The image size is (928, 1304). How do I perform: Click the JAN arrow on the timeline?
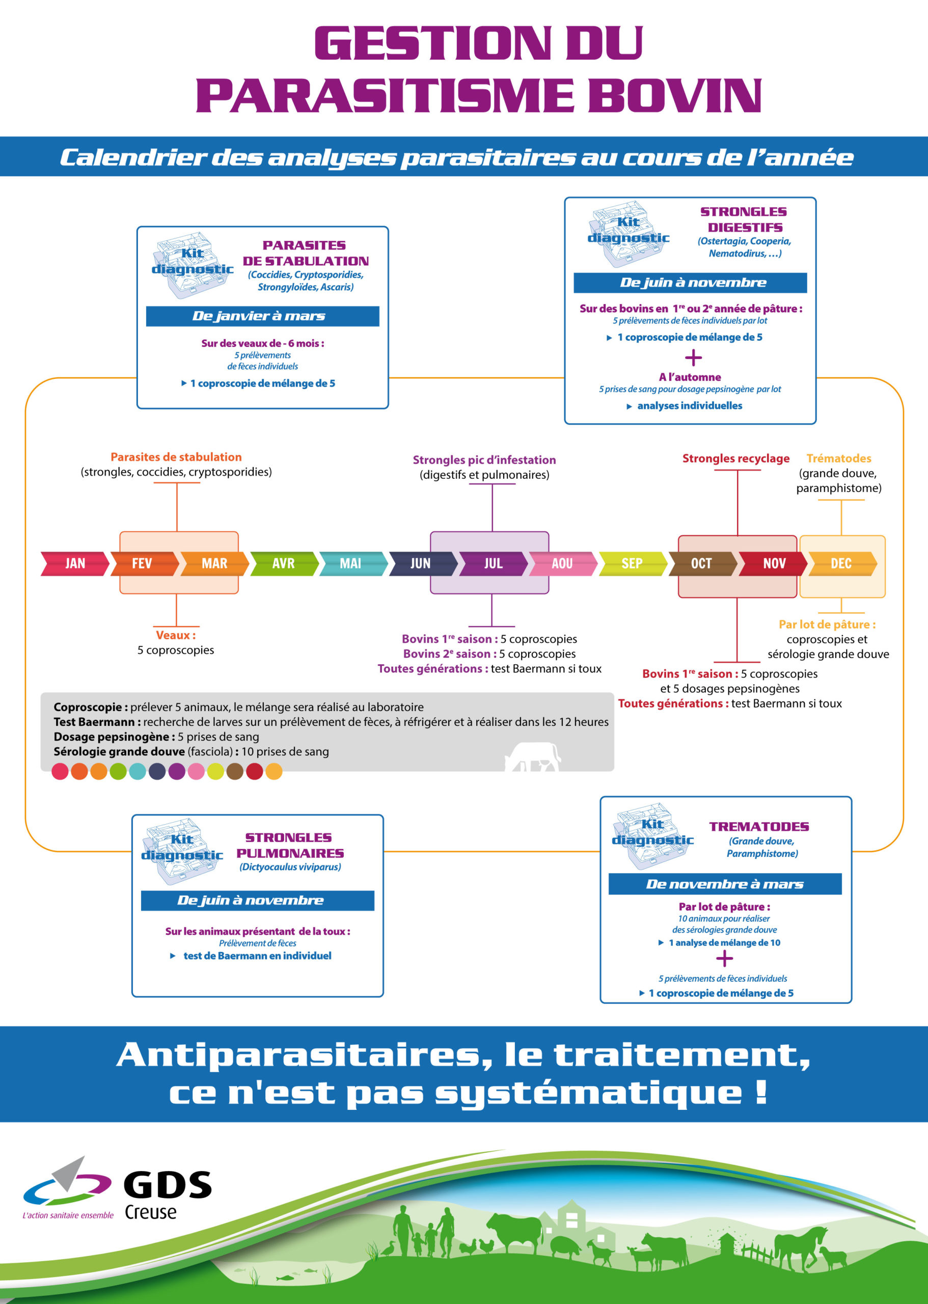75,563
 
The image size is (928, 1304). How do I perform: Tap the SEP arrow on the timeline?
633,563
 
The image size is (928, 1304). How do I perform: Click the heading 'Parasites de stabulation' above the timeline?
176,457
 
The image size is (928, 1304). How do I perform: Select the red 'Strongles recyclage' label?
736,458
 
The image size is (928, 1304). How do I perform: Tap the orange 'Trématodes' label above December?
839,458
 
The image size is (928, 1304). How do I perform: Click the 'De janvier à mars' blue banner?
262,316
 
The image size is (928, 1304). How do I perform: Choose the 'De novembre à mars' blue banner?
725,884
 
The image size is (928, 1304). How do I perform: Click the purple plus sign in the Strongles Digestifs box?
693,358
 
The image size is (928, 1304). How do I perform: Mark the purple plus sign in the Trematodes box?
724,958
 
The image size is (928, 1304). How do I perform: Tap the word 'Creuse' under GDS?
150,1211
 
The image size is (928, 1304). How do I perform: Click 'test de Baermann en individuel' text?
257,956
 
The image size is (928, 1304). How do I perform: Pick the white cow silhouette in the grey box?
533,756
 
